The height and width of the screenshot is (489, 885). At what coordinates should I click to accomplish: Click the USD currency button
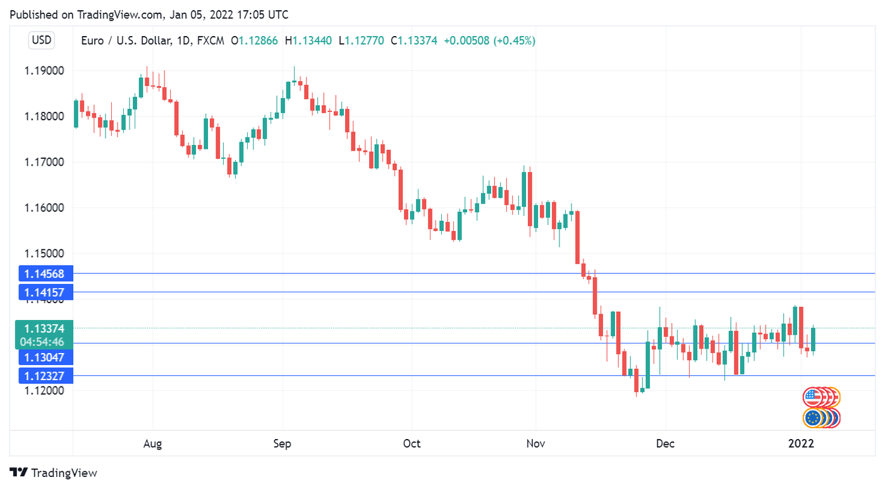pyautogui.click(x=42, y=40)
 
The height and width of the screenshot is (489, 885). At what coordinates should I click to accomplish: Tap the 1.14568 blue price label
pyautogui.click(x=46, y=274)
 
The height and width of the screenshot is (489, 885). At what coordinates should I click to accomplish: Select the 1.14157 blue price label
pyautogui.click(x=46, y=292)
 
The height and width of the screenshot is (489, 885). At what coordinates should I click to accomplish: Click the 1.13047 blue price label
pyautogui.click(x=46, y=357)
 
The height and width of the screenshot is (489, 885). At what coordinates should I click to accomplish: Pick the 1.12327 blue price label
pyautogui.click(x=46, y=376)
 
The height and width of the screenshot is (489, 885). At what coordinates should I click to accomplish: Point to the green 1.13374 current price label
pyautogui.click(x=46, y=328)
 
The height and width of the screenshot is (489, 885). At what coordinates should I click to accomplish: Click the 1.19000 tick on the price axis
pyautogui.click(x=44, y=71)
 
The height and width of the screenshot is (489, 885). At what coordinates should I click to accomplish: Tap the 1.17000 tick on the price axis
pyautogui.click(x=44, y=163)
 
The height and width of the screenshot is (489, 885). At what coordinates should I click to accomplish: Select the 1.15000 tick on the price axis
pyautogui.click(x=44, y=254)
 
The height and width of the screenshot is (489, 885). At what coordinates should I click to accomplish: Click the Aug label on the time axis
pyautogui.click(x=152, y=444)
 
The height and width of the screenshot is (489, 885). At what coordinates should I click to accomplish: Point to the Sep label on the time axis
pyautogui.click(x=282, y=444)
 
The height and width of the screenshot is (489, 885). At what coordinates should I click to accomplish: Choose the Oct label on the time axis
pyautogui.click(x=412, y=444)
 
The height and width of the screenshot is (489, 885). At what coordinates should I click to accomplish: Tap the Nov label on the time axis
pyautogui.click(x=535, y=444)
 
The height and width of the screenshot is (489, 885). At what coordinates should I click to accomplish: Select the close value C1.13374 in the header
pyautogui.click(x=414, y=41)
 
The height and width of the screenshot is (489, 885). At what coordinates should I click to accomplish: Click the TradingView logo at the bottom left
pyautogui.click(x=54, y=473)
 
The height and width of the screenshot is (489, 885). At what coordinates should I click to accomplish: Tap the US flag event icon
pyautogui.click(x=812, y=397)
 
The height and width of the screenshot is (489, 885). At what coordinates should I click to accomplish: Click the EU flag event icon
pyautogui.click(x=812, y=418)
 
